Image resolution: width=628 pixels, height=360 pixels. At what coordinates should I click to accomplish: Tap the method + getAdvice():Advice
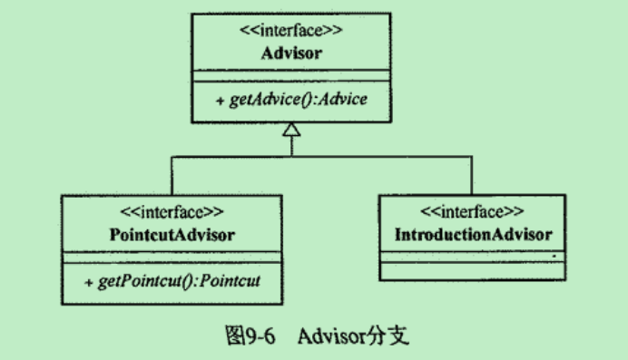coord(291,99)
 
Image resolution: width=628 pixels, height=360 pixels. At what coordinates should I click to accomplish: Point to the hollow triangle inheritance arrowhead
coord(291,131)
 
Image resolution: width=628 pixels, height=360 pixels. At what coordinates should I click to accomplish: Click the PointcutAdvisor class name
coord(172,234)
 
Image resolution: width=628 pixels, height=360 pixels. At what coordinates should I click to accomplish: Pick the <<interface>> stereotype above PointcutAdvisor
coord(172,215)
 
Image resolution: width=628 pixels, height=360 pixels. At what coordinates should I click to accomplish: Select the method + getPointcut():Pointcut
coord(173,279)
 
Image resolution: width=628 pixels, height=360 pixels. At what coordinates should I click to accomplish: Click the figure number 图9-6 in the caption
coord(248,336)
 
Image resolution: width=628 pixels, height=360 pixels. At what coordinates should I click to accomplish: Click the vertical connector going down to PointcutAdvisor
coord(172,174)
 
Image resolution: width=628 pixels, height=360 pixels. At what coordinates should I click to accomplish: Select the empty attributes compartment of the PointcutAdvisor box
coord(172,257)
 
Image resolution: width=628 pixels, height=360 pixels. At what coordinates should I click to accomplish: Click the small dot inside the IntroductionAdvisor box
coord(553,257)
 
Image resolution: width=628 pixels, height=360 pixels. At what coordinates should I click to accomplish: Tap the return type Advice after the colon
coord(348,99)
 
